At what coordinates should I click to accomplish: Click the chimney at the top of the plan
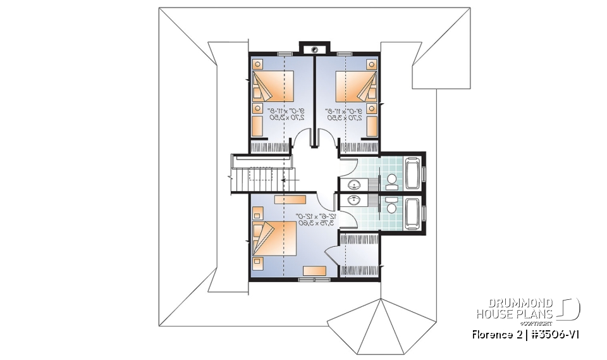314,48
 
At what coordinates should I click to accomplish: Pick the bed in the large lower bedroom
276,238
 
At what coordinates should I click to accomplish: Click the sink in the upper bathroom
355,184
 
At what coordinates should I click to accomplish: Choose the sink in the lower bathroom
355,201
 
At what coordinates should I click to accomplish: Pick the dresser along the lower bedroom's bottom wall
314,271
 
